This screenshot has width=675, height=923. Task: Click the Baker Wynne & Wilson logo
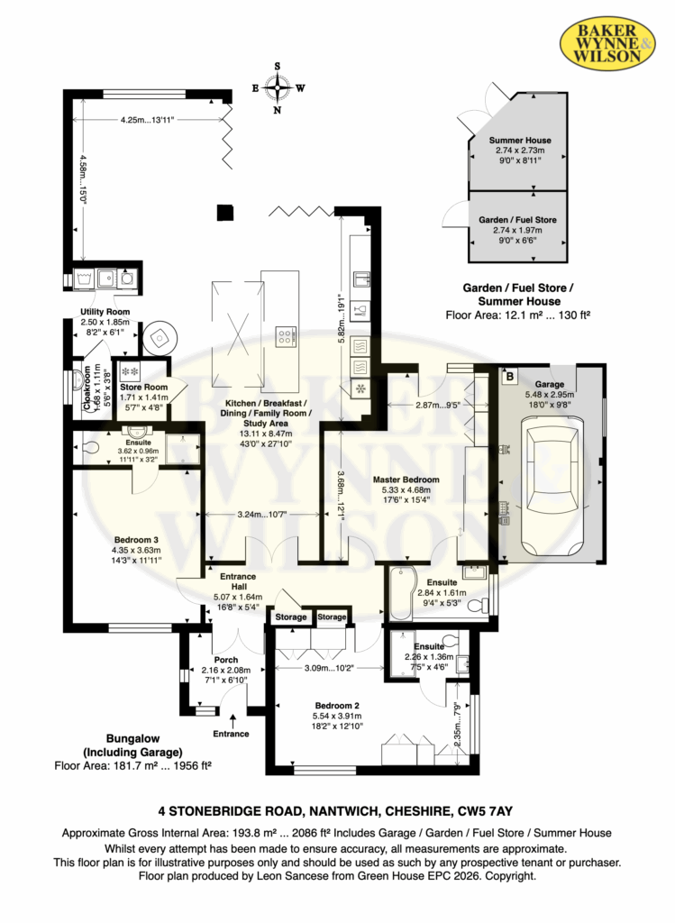(x=607, y=42)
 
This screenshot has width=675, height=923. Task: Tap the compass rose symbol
(x=278, y=88)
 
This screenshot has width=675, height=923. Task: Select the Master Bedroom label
(x=406, y=489)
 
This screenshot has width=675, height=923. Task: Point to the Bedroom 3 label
(x=136, y=550)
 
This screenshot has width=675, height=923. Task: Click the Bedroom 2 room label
(x=337, y=716)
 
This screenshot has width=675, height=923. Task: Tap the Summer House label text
(x=520, y=151)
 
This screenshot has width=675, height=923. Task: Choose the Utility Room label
(x=105, y=322)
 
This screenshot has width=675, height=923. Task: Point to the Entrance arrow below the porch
(x=233, y=720)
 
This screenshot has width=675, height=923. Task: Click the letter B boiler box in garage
(x=510, y=377)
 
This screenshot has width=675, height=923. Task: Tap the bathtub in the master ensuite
(x=401, y=593)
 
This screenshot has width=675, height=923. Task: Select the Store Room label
(x=143, y=397)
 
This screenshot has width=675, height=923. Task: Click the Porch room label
(x=226, y=670)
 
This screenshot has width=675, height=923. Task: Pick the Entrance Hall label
(x=238, y=586)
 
